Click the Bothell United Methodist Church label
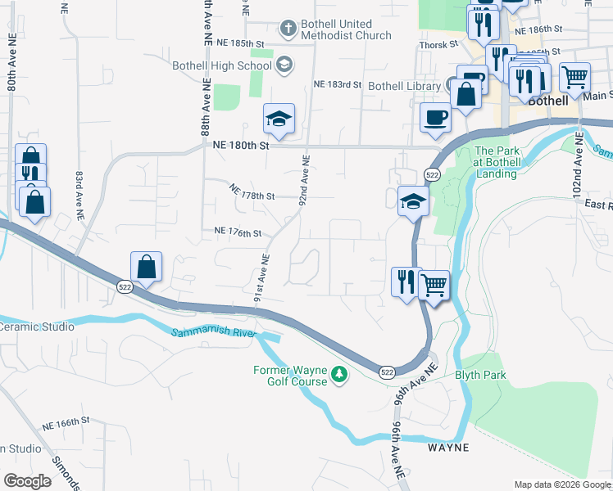coord(345,29)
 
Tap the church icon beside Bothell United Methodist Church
coord(287,29)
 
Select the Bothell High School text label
coord(221,65)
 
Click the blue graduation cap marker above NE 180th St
coord(279,119)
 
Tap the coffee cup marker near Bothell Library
coord(435,118)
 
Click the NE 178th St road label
coord(252,196)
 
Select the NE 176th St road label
coord(238,233)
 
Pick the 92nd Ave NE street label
coord(304,181)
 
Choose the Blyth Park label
coord(481,376)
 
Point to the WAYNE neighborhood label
coord(448,448)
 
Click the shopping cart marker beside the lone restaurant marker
coord(434,286)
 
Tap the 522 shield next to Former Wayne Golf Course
coord(387,372)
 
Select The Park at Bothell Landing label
coord(496,162)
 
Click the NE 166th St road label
coord(66,421)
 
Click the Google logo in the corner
coord(27,481)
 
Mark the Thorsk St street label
coord(438,45)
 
